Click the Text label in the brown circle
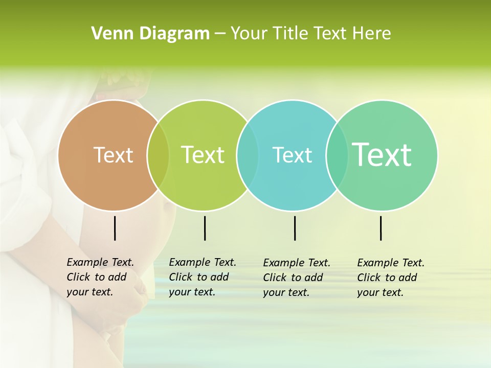point(113,155)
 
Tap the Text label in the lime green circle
point(203,155)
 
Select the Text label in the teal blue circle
point(292,155)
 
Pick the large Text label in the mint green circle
point(382,154)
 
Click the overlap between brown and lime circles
point(158,155)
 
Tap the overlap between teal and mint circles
point(337,155)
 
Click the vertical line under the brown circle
point(115,228)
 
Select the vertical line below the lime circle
point(205,228)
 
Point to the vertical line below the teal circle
point(295,228)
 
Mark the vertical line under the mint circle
point(381,228)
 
